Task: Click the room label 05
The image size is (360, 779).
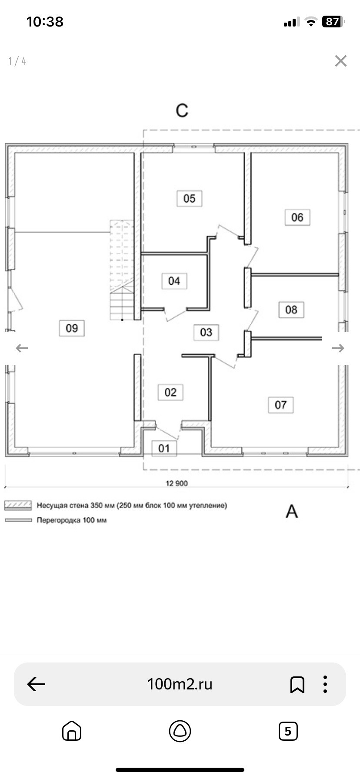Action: tap(189, 199)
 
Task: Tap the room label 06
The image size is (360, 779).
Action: tap(297, 217)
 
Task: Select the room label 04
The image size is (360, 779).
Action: tap(174, 281)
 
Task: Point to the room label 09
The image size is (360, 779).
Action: tap(72, 328)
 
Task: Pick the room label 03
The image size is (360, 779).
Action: tap(206, 333)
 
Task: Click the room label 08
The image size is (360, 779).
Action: tap(291, 310)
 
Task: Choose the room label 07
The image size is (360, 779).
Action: tap(281, 405)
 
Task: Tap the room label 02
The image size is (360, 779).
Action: tap(170, 393)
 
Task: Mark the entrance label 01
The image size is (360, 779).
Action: tap(164, 448)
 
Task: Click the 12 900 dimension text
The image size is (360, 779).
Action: tap(177, 483)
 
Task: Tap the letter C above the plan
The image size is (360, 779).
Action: tap(182, 111)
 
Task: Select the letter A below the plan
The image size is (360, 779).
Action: tap(292, 512)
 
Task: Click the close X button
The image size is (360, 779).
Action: tap(341, 61)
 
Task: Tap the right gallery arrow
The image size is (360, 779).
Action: tap(338, 348)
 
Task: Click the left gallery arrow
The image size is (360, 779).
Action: tap(22, 348)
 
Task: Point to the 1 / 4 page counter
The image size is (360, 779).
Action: tap(17, 62)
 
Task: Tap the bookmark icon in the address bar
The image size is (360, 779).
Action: tap(297, 684)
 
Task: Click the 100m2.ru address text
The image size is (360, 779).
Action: tap(180, 684)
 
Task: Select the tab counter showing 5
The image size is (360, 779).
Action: tap(288, 731)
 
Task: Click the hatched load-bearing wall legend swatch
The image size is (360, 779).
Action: tap(18, 506)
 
